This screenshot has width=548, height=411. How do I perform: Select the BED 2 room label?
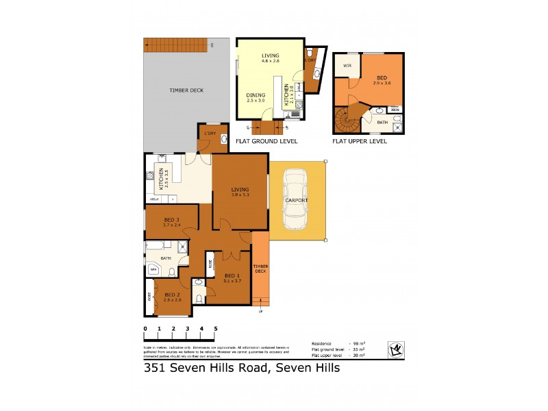click(x=172, y=297)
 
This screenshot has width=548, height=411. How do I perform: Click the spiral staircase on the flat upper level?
click(x=347, y=121)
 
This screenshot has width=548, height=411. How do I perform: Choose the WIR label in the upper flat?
click(x=347, y=66)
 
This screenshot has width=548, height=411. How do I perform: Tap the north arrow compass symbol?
click(x=395, y=349)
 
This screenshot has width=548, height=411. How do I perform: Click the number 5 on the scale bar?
click(x=216, y=329)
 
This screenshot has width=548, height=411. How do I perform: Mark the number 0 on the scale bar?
click(x=145, y=329)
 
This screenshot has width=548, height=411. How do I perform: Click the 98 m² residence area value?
click(x=357, y=343)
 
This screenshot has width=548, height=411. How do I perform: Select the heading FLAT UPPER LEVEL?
click(x=360, y=141)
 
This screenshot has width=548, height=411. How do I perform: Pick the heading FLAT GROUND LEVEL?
click(x=266, y=141)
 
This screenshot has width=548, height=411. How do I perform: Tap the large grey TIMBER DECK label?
click(x=186, y=90)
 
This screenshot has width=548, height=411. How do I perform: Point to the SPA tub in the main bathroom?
click(x=153, y=270)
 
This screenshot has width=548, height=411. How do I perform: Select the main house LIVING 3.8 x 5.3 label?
click(x=240, y=192)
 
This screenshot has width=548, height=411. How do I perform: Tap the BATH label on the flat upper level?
click(x=382, y=123)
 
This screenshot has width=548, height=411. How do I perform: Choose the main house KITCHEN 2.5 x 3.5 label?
click(x=162, y=178)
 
